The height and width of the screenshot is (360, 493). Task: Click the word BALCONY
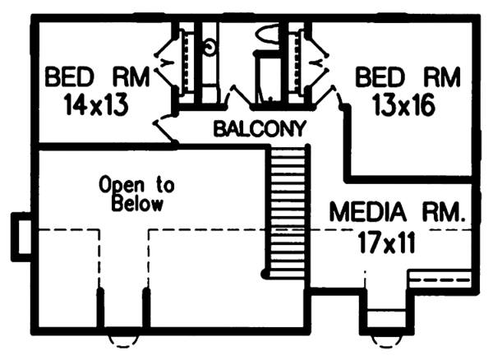(260, 129)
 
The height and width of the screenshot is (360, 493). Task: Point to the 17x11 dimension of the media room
(388, 242)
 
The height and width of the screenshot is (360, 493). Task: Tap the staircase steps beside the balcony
(288, 210)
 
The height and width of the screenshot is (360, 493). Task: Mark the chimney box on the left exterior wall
(20, 233)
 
